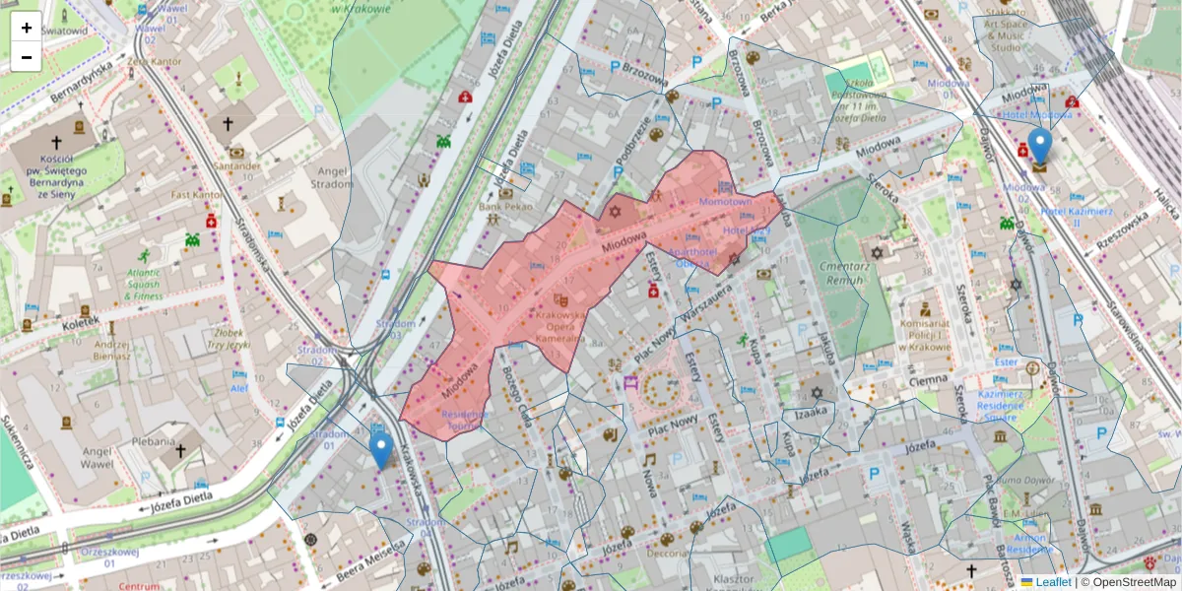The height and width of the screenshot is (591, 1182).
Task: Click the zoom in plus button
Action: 27,28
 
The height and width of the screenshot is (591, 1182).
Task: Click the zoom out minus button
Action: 27,57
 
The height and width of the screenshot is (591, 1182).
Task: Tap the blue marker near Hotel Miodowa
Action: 1039,146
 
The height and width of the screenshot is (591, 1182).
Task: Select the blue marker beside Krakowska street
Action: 381,451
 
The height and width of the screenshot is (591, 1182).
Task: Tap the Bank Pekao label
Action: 504,207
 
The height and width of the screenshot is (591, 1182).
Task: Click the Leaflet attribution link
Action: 1053,582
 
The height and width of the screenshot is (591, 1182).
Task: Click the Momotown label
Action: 725,201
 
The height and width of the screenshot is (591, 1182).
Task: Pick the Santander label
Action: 236,166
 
